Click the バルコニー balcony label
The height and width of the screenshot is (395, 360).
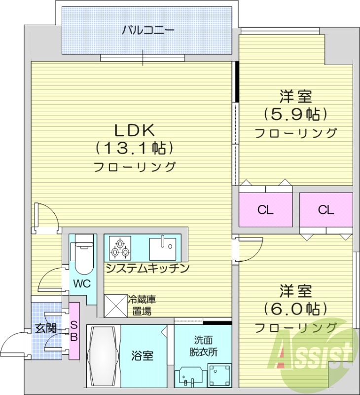pyautogui.click(x=148, y=31)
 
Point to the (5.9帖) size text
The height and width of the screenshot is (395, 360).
pyautogui.click(x=296, y=115)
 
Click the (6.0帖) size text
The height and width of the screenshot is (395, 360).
pyautogui.click(x=296, y=309)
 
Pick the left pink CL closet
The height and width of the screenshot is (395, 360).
pyautogui.click(x=265, y=210)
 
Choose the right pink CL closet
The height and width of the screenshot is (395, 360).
pyautogui.click(x=325, y=210)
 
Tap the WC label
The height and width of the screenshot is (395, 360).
pyautogui.click(x=82, y=284)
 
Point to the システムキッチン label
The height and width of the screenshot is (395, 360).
pyautogui.click(x=147, y=269)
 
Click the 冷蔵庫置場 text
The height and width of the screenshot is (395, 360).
pyautogui.click(x=143, y=305)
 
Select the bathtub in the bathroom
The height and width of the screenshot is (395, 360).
pyautogui.click(x=104, y=356)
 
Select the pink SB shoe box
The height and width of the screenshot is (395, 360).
pyautogui.click(x=74, y=331)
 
